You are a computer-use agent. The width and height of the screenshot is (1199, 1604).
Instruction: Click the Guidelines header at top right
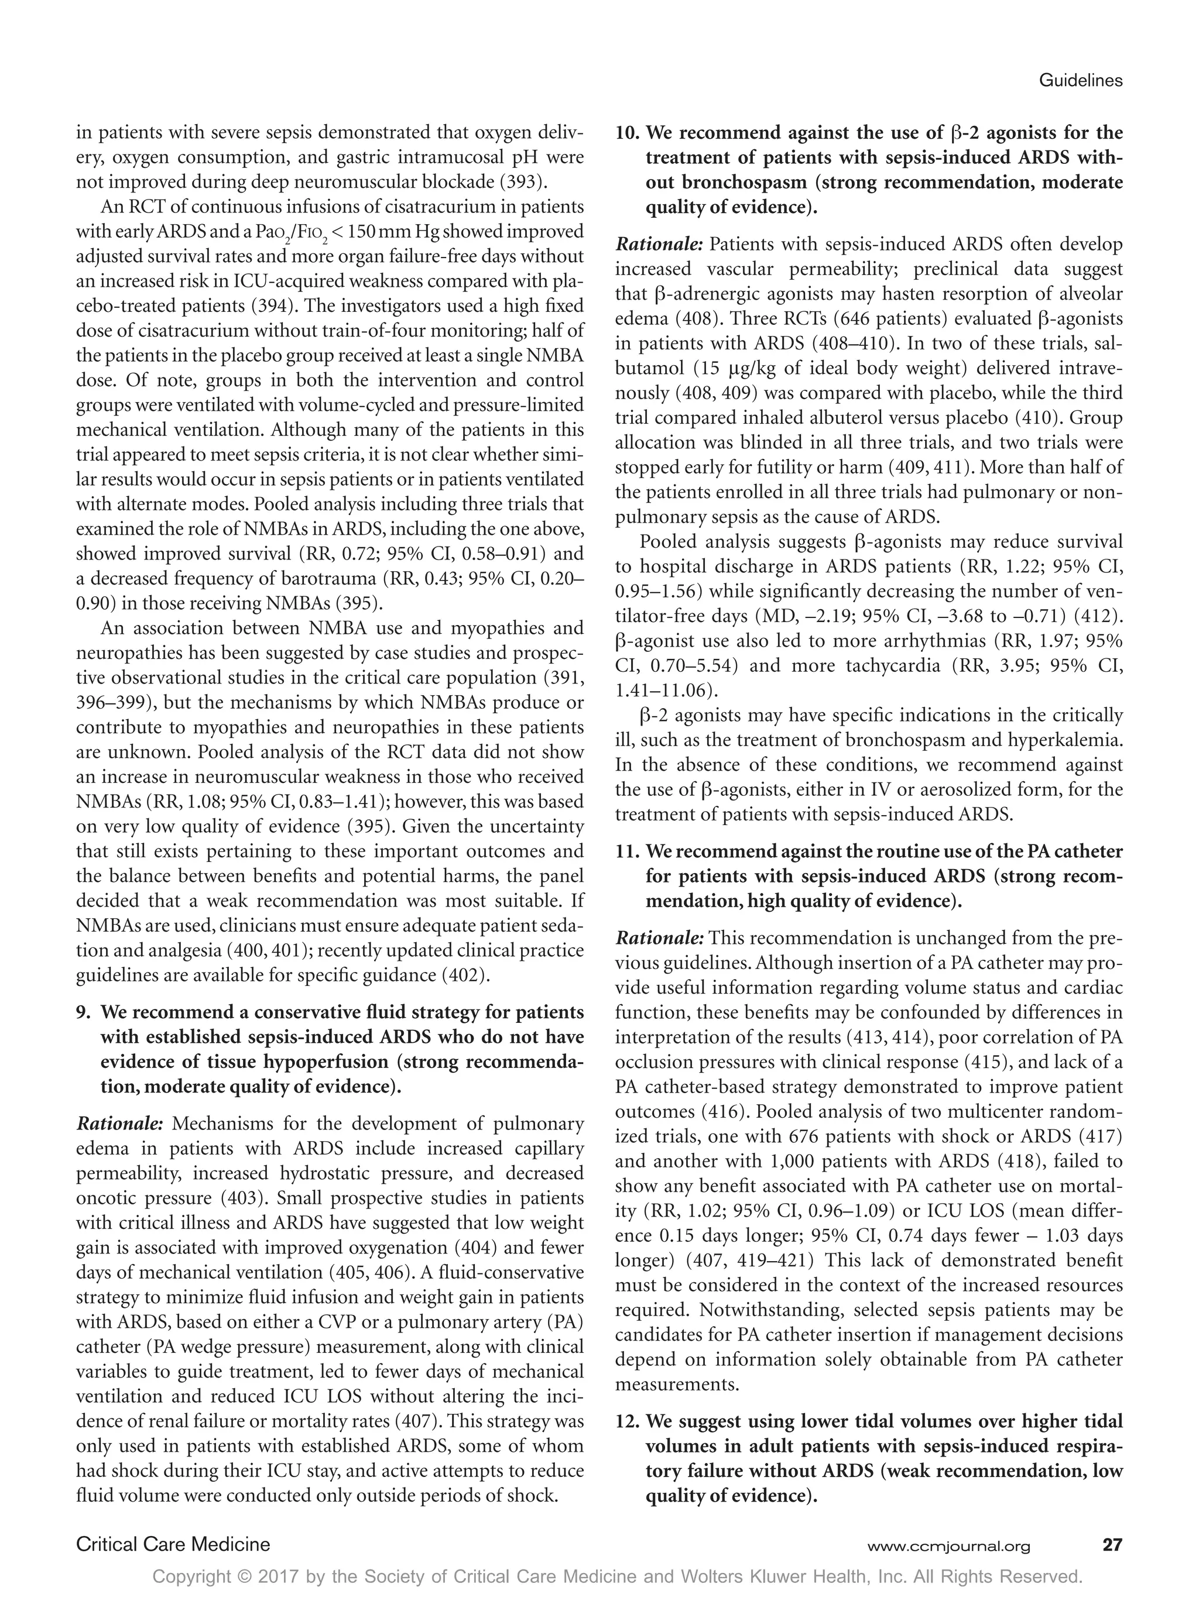(1080, 81)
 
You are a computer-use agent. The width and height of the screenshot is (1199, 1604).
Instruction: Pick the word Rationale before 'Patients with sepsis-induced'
(659, 245)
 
